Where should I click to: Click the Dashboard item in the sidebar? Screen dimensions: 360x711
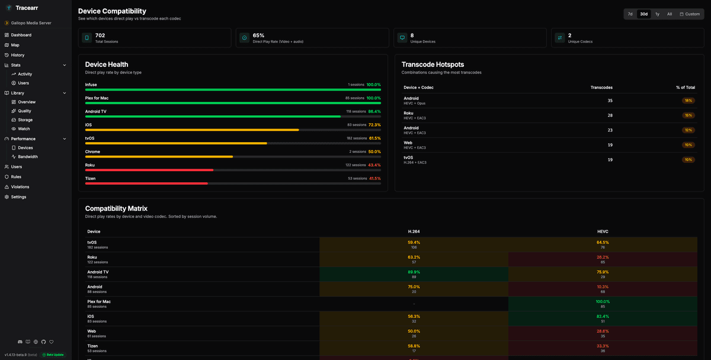coord(21,35)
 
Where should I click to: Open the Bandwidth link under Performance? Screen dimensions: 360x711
coord(28,157)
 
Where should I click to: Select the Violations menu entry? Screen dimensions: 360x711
coord(20,187)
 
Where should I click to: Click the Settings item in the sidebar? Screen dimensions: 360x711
coord(18,197)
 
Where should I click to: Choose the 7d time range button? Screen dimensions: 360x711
coord(630,14)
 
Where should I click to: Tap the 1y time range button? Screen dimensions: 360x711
coord(657,14)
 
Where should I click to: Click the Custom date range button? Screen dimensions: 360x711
coord(690,14)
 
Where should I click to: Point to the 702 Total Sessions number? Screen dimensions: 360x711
coord(100,36)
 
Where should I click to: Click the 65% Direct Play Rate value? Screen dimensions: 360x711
coord(258,36)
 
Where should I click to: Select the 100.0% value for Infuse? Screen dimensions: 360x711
coord(373,85)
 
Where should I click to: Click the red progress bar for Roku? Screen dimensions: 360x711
coord(149,170)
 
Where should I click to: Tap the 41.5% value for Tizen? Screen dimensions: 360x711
coord(374,178)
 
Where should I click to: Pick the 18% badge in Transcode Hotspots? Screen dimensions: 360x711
coord(688,101)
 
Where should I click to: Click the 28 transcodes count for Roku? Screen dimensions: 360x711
coord(610,115)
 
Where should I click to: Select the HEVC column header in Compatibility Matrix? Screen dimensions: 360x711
coord(603,232)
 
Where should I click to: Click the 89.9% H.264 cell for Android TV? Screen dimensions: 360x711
coord(414,272)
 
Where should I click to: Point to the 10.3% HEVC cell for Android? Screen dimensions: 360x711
coord(603,287)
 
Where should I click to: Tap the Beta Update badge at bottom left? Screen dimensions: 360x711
coord(53,355)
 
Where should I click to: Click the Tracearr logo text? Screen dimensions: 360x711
coord(27,8)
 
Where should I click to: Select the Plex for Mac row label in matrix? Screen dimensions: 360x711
coord(99,301)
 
